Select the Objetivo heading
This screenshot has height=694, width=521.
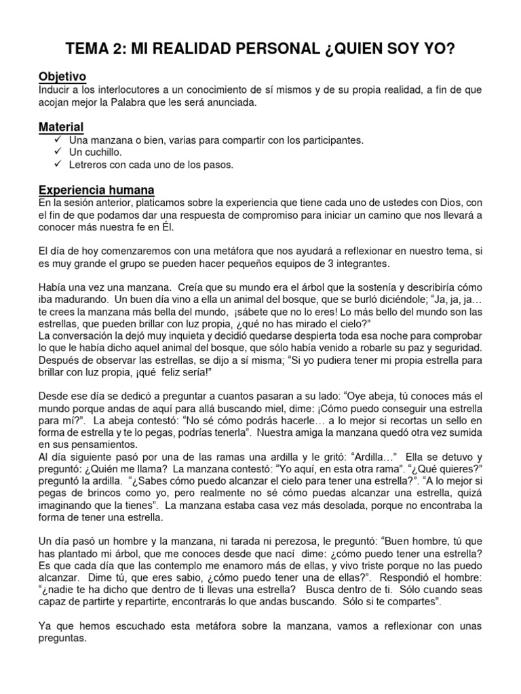62,77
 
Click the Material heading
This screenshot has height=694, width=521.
61,127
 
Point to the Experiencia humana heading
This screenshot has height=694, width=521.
96,189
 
